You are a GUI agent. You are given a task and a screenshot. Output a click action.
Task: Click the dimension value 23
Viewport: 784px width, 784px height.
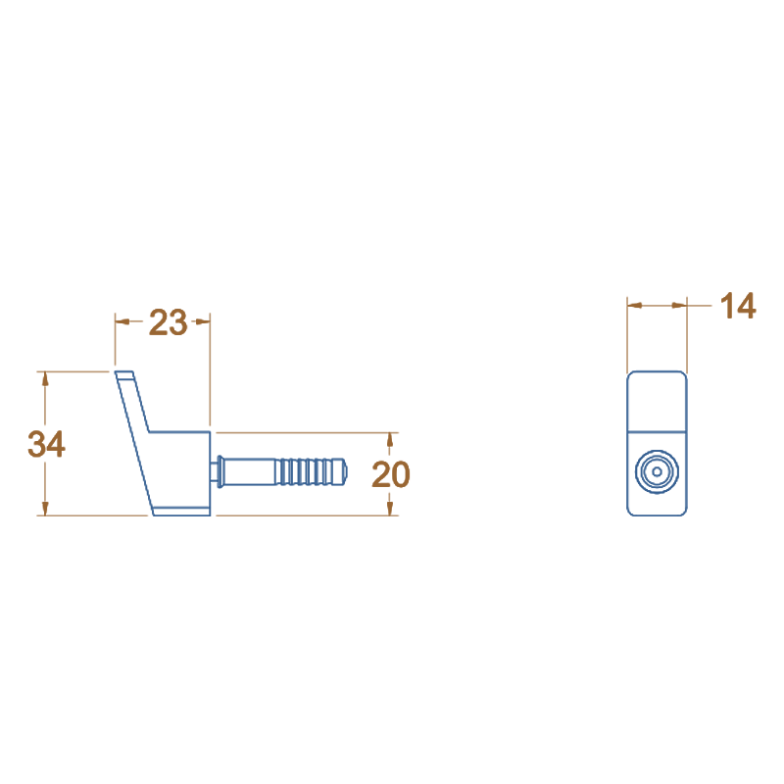pos(168,321)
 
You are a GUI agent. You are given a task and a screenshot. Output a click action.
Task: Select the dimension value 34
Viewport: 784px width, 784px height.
pos(46,444)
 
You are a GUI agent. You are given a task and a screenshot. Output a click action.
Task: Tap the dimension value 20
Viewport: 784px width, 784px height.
pos(391,474)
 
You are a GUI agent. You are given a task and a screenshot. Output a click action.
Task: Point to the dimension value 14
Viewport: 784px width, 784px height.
pos(738,306)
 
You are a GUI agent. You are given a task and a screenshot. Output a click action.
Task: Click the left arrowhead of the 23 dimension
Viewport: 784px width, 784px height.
pos(122,320)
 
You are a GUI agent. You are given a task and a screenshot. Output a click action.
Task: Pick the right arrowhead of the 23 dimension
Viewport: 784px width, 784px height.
pos(204,320)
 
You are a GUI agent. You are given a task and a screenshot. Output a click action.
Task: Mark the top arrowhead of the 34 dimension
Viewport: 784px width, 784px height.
pos(44,378)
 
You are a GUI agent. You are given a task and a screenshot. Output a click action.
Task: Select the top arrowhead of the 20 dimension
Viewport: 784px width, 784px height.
pos(391,438)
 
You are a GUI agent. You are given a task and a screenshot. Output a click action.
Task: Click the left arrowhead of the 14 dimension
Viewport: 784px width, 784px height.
pos(633,306)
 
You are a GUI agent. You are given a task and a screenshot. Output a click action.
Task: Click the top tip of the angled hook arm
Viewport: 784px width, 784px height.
pos(123,373)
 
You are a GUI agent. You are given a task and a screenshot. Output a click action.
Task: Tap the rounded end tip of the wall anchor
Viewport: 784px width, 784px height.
pos(346,471)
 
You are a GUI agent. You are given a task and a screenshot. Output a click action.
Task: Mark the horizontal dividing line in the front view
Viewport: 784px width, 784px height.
pos(656,431)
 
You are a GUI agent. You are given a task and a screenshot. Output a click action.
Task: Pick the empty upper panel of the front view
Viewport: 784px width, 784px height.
pos(656,401)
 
